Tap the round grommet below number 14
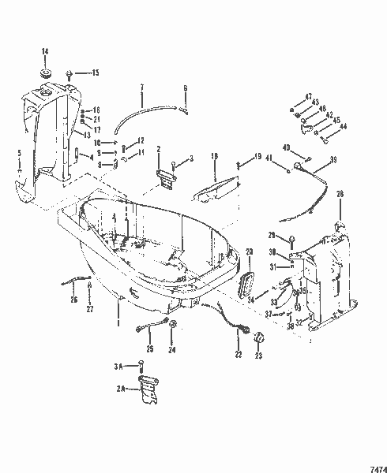(45, 73)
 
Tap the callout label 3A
(118, 365)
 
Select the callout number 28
(340, 194)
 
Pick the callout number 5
(19, 152)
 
